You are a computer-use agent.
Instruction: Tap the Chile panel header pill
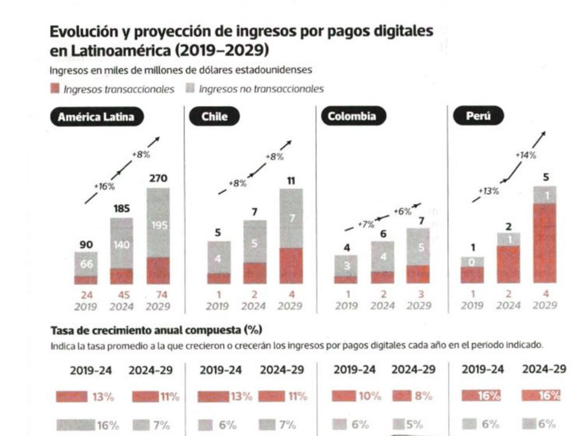pyautogui.click(x=215, y=117)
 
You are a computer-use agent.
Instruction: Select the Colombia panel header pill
pyautogui.click(x=348, y=117)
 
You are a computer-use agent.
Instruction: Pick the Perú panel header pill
pyautogui.click(x=478, y=117)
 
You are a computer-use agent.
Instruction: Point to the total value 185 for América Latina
pyautogui.click(x=122, y=209)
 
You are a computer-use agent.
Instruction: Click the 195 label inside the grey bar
pyautogui.click(x=158, y=224)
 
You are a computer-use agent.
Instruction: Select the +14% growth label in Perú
pyautogui.click(x=525, y=155)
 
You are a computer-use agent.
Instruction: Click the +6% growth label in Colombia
pyautogui.click(x=402, y=212)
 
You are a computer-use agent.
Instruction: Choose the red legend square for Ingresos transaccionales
pyautogui.click(x=55, y=89)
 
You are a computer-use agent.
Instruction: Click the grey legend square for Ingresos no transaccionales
pyautogui.click(x=189, y=89)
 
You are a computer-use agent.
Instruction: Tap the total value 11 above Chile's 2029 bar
pyautogui.click(x=291, y=181)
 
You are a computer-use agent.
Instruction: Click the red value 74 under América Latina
pyautogui.click(x=158, y=294)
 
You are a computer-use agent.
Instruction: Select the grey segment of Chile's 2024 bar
pyautogui.click(x=255, y=241)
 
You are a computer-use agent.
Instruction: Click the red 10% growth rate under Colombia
pyautogui.click(x=369, y=397)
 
